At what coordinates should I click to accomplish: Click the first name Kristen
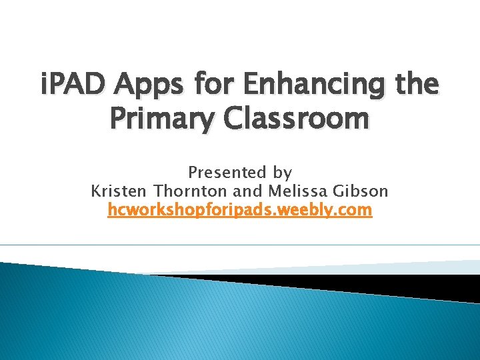[x=119, y=191]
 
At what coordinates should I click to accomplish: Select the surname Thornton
[x=191, y=191]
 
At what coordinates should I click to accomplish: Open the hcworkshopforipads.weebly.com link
[x=239, y=211]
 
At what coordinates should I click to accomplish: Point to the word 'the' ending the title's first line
[x=414, y=85]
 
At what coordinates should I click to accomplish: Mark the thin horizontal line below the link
[x=240, y=245]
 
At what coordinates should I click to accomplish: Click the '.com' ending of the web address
[x=353, y=211]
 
